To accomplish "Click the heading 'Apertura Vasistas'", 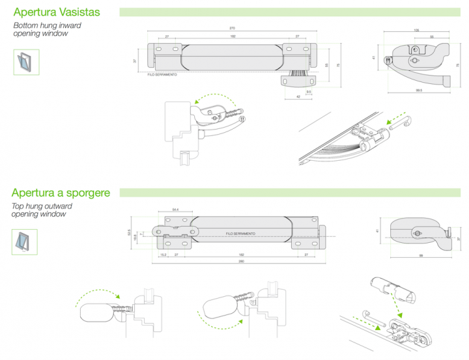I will tap(57, 12).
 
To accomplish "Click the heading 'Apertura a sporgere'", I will tap(61, 193).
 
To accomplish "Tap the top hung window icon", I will tap(25, 242).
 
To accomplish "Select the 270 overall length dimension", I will tap(233, 28).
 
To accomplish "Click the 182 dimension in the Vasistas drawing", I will tap(233, 36).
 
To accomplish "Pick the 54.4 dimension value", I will tap(176, 210).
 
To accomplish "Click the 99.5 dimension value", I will tap(419, 90).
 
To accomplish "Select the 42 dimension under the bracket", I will tap(298, 96).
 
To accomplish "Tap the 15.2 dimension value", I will tap(163, 255).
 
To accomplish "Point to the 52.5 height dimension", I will tap(129, 232).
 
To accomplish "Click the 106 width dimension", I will tap(416, 31).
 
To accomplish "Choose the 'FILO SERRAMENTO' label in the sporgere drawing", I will tap(240, 233).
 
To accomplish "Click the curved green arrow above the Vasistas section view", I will tap(214, 98).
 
